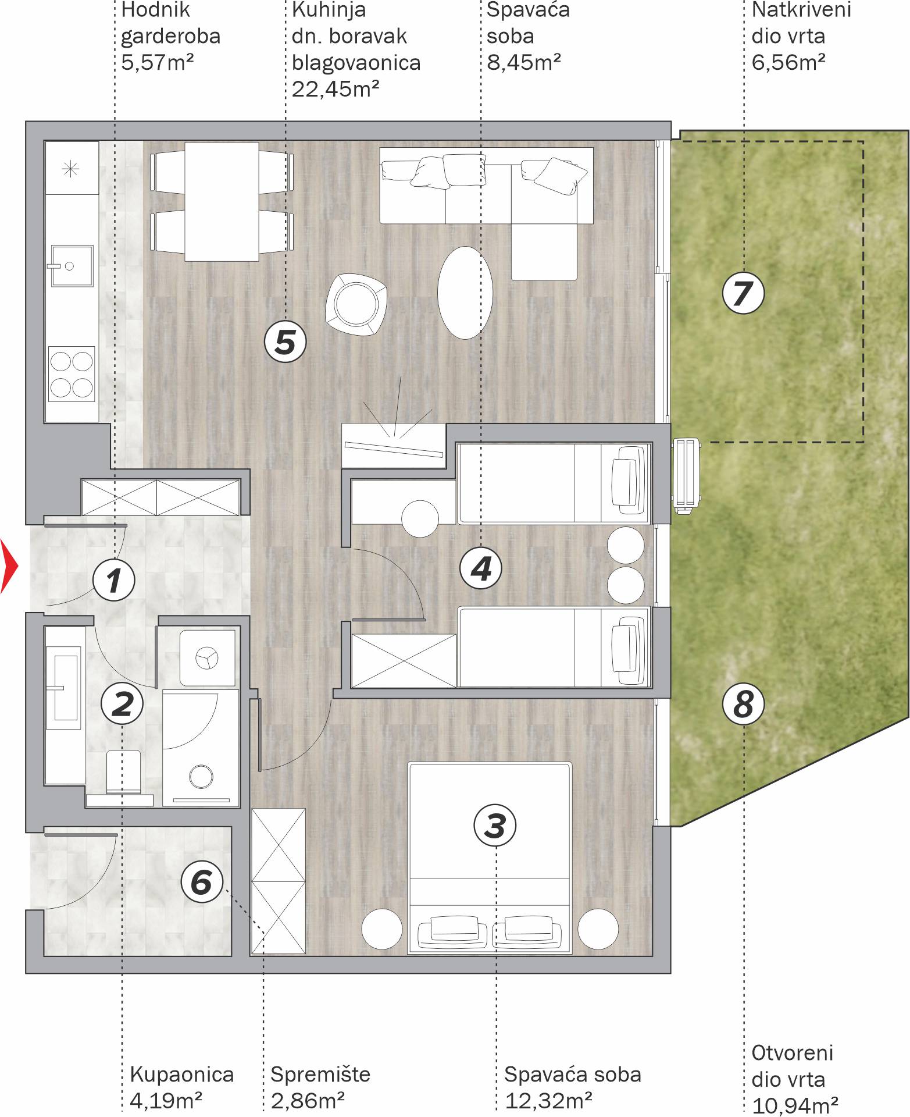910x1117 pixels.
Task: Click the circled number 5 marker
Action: tap(285, 341)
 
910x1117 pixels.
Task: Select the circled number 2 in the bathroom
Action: tap(122, 704)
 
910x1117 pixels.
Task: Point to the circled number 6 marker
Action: tap(202, 881)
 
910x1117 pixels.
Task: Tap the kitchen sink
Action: tap(72, 266)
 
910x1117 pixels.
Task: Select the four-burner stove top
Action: tap(72, 373)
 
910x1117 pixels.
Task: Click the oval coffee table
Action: tap(465, 292)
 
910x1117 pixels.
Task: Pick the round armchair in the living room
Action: tap(356, 304)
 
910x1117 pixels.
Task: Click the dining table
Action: tap(222, 201)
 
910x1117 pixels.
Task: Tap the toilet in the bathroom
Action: tap(124, 772)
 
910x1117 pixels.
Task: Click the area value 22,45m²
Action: tap(336, 89)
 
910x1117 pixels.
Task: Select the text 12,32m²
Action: tap(548, 1101)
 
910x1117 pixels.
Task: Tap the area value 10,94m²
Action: tap(795, 1105)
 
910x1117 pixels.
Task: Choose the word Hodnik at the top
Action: tap(156, 10)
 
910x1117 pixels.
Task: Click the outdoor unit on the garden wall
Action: tap(687, 476)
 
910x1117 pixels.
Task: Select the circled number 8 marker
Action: tap(743, 704)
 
